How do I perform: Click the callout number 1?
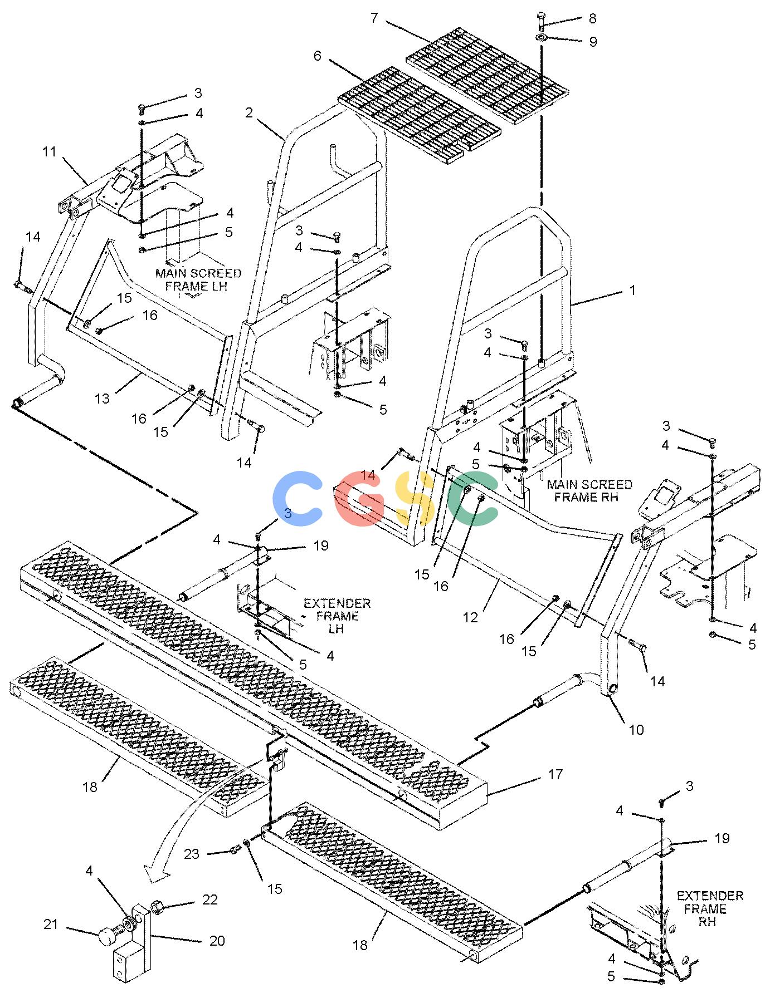[x=632, y=290]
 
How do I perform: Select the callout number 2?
[x=248, y=113]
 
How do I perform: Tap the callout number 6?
[x=318, y=56]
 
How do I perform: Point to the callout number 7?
[x=374, y=18]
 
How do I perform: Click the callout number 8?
[x=592, y=18]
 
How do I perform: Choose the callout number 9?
[x=592, y=42]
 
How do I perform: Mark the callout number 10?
[x=636, y=729]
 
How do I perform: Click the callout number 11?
[x=50, y=151]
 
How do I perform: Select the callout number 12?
[x=471, y=617]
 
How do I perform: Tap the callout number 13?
[x=102, y=399]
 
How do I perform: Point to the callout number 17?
[x=555, y=774]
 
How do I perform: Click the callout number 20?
[x=217, y=940]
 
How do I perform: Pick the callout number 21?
[x=51, y=925]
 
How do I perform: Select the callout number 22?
[x=209, y=899]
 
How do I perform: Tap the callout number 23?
[x=192, y=854]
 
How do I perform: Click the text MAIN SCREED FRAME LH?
[x=198, y=279]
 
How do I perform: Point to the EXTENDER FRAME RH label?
[x=710, y=909]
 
